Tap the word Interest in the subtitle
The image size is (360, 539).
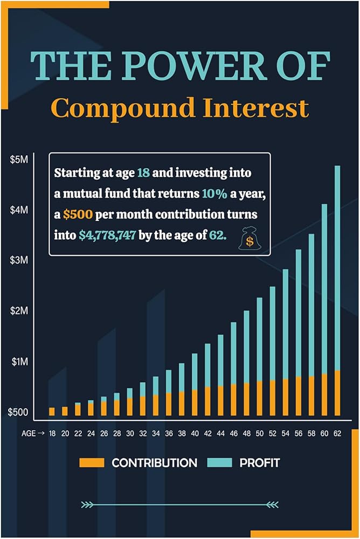coord(255,108)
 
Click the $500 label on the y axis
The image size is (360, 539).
coord(18,412)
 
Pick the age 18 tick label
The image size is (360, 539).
coord(52,433)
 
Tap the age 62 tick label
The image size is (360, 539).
coord(337,433)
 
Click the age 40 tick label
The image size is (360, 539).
coord(195,433)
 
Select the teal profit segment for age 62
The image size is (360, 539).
coord(337,268)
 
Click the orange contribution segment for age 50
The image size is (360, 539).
coord(260,398)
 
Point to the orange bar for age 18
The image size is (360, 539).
coord(52,411)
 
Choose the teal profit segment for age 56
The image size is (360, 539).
coord(299,313)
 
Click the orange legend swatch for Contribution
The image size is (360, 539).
coord(92,462)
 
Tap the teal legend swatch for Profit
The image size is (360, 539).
coord(220,462)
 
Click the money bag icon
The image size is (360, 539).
coord(250,238)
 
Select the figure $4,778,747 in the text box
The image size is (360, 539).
coord(107,236)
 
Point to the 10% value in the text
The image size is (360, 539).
coord(214,194)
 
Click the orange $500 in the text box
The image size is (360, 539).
coord(78,215)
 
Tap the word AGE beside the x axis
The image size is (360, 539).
coord(29,433)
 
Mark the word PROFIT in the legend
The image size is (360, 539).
coord(260,462)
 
